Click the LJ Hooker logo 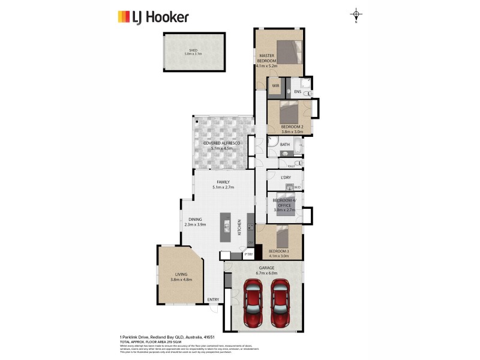click(152, 16)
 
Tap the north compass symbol click(356, 15)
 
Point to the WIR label click(275, 86)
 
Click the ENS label click(297, 92)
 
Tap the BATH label click(284, 145)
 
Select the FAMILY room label click(223, 182)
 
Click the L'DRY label click(286, 177)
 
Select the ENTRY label click(213, 299)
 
